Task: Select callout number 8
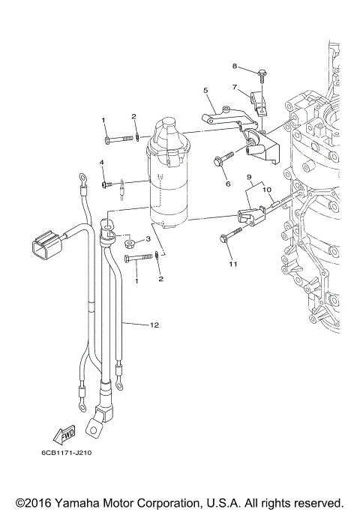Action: [x=235, y=66]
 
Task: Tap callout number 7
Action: [x=235, y=87]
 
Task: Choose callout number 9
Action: [x=247, y=176]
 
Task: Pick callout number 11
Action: [x=232, y=264]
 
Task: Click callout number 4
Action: [x=103, y=163]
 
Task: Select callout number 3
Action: [x=148, y=239]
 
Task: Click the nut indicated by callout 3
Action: [x=129, y=243]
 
